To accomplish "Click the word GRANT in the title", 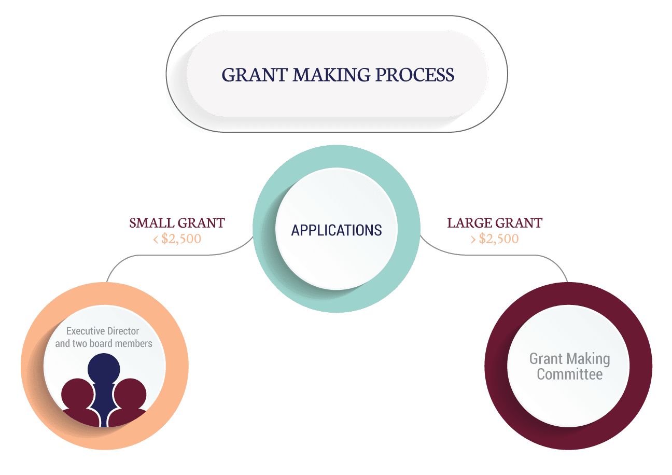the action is point(255,75).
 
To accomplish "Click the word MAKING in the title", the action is point(331,75).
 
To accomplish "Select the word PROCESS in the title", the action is point(415,75).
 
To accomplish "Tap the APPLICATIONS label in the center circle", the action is point(337,230).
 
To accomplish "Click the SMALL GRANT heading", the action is point(177,223).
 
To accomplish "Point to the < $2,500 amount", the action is point(177,239).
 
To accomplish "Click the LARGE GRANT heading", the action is point(495,223).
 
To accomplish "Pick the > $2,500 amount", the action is point(495,239).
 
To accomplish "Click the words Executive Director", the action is point(103,331).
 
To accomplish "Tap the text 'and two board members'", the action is point(104,343).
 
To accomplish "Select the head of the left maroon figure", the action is point(77,394).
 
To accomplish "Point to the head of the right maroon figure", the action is point(130,394).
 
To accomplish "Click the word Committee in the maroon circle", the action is point(570,374).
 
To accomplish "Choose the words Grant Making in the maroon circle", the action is point(570,359).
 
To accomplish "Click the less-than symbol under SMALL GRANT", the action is point(156,240).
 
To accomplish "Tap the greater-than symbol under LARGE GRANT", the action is point(473,240).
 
